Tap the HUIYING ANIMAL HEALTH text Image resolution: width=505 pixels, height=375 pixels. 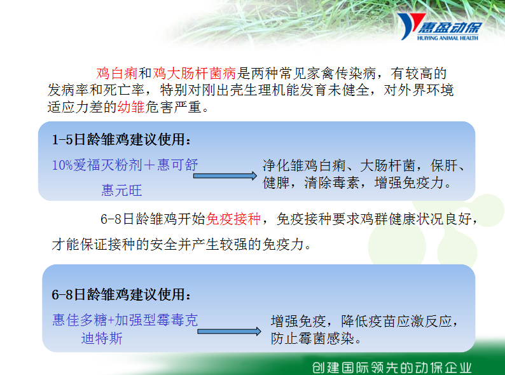(x=448, y=38)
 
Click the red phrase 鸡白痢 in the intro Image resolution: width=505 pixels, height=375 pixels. (x=117, y=73)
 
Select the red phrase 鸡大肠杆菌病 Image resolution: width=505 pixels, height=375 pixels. (x=194, y=73)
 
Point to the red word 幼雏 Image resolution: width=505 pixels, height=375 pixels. (x=131, y=107)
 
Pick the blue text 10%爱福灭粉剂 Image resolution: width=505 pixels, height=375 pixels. (x=97, y=165)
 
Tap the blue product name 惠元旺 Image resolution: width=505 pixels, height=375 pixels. (x=121, y=190)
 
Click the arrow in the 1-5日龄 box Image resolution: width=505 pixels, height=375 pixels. (x=225, y=176)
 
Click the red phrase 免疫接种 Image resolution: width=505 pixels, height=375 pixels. (x=233, y=219)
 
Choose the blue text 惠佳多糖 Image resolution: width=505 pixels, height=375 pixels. (x=80, y=320)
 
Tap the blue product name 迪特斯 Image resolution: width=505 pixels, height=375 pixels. (x=102, y=339)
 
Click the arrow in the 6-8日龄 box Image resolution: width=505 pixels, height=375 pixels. (x=229, y=331)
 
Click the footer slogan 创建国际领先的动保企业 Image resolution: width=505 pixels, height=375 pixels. (x=392, y=367)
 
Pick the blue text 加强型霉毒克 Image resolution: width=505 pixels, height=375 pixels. (x=156, y=320)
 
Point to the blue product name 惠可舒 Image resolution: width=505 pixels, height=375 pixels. (x=177, y=165)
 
